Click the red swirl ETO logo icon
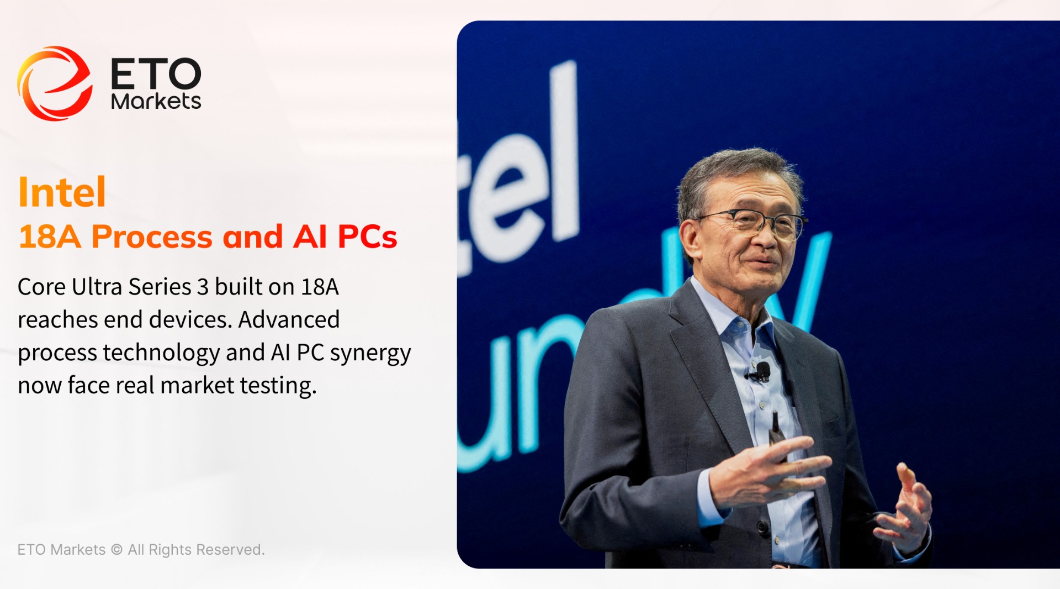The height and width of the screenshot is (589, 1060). point(54,83)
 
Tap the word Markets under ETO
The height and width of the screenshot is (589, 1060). point(156,101)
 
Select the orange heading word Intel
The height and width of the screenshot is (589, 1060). point(62,192)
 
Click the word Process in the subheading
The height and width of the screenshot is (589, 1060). point(152,236)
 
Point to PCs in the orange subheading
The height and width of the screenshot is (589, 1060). point(367,236)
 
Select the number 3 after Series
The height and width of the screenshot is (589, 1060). point(203,287)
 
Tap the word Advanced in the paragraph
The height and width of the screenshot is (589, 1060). point(289,319)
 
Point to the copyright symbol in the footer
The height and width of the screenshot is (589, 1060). point(116,550)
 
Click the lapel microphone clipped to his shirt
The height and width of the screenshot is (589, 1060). point(762,372)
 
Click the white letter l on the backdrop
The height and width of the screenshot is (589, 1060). point(563,152)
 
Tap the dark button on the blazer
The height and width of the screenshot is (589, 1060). point(763,527)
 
